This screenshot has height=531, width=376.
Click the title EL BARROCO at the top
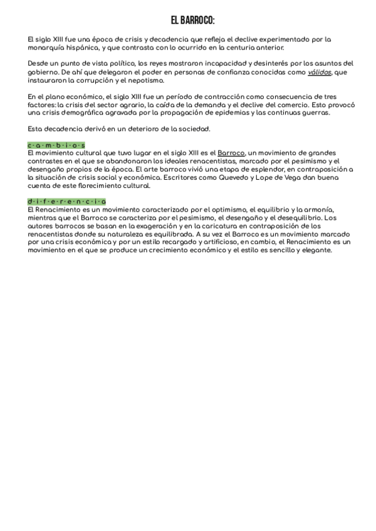188,20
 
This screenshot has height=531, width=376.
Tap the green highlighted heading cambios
56,145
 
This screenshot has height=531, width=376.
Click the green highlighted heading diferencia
67,201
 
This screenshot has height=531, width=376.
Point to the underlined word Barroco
231,153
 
